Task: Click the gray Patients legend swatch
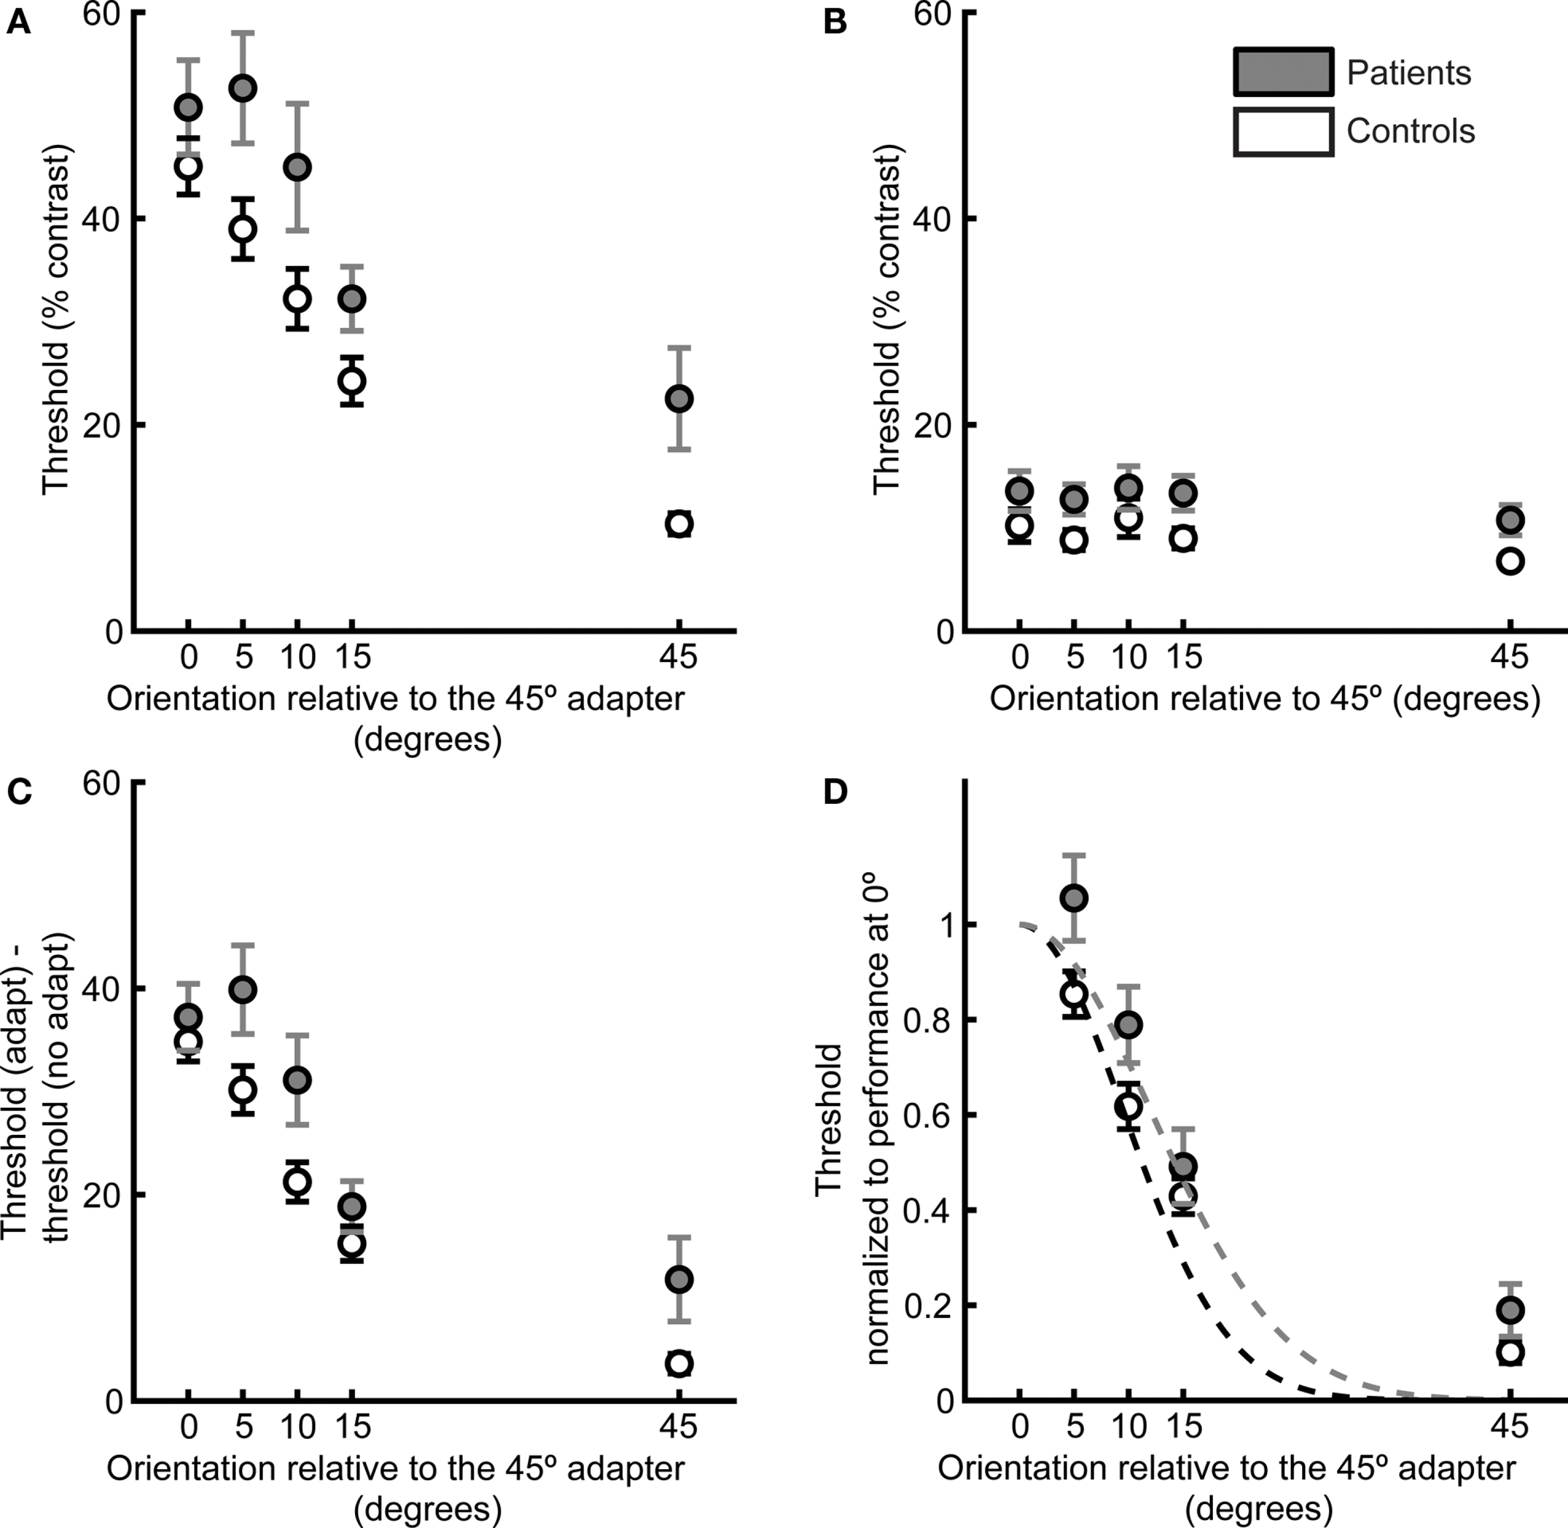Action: (1283, 72)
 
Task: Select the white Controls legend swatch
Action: (1283, 131)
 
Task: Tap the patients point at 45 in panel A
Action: (679, 398)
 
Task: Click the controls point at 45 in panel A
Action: (679, 524)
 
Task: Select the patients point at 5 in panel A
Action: (243, 88)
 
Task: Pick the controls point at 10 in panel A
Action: (298, 298)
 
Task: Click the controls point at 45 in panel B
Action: (1510, 561)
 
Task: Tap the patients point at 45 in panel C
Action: (679, 1279)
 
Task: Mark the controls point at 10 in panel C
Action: (298, 1181)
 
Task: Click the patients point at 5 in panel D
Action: (1074, 898)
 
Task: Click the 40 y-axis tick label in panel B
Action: (932, 218)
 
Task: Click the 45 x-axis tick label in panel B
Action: (1510, 657)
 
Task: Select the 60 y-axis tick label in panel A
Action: (103, 14)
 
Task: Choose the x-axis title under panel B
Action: (1264, 698)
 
